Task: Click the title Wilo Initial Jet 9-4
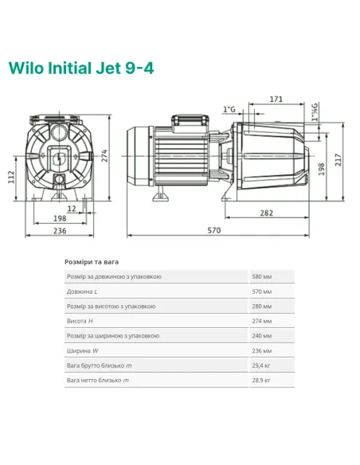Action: point(80,68)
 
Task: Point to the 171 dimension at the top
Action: point(276,100)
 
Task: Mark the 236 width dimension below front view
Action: point(61,231)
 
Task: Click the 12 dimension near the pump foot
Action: point(72,207)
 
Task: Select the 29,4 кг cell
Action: point(261,365)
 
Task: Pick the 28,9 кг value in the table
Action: point(261,381)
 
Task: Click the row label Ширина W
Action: point(84,350)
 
